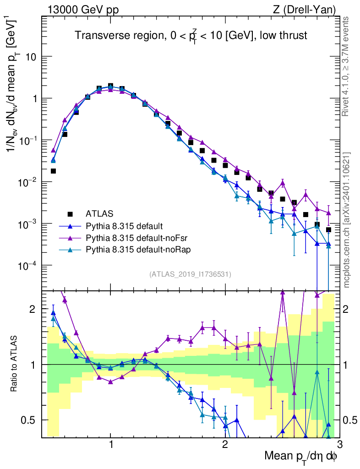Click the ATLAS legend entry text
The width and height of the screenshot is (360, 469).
[99, 213]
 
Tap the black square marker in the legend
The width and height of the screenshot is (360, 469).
[70, 214]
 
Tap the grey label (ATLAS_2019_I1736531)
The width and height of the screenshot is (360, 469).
[190, 274]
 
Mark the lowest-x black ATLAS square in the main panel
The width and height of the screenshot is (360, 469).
[53, 171]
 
